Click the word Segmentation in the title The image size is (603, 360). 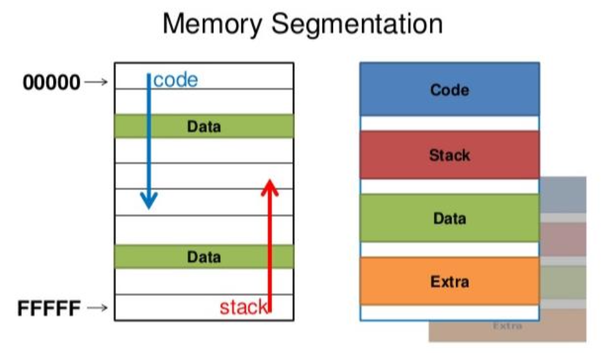tap(356, 25)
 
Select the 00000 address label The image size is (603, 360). tap(52, 82)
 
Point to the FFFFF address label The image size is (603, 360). tap(49, 309)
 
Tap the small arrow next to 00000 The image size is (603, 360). tap(96, 82)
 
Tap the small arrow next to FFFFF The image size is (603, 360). tap(96, 309)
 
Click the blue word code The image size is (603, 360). tap(176, 80)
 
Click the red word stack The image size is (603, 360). tap(243, 308)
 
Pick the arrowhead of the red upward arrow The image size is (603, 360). tap(270, 186)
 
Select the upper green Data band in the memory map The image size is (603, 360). tap(204, 126)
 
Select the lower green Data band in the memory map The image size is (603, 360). tap(204, 257)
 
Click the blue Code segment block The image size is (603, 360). tap(449, 89)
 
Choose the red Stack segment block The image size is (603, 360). tap(449, 154)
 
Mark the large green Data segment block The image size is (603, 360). tap(449, 218)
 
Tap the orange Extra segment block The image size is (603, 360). tap(449, 281)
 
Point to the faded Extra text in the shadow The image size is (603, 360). tap(507, 326)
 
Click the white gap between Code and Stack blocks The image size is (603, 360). tap(449, 123)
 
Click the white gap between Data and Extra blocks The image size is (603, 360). tap(449, 250)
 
